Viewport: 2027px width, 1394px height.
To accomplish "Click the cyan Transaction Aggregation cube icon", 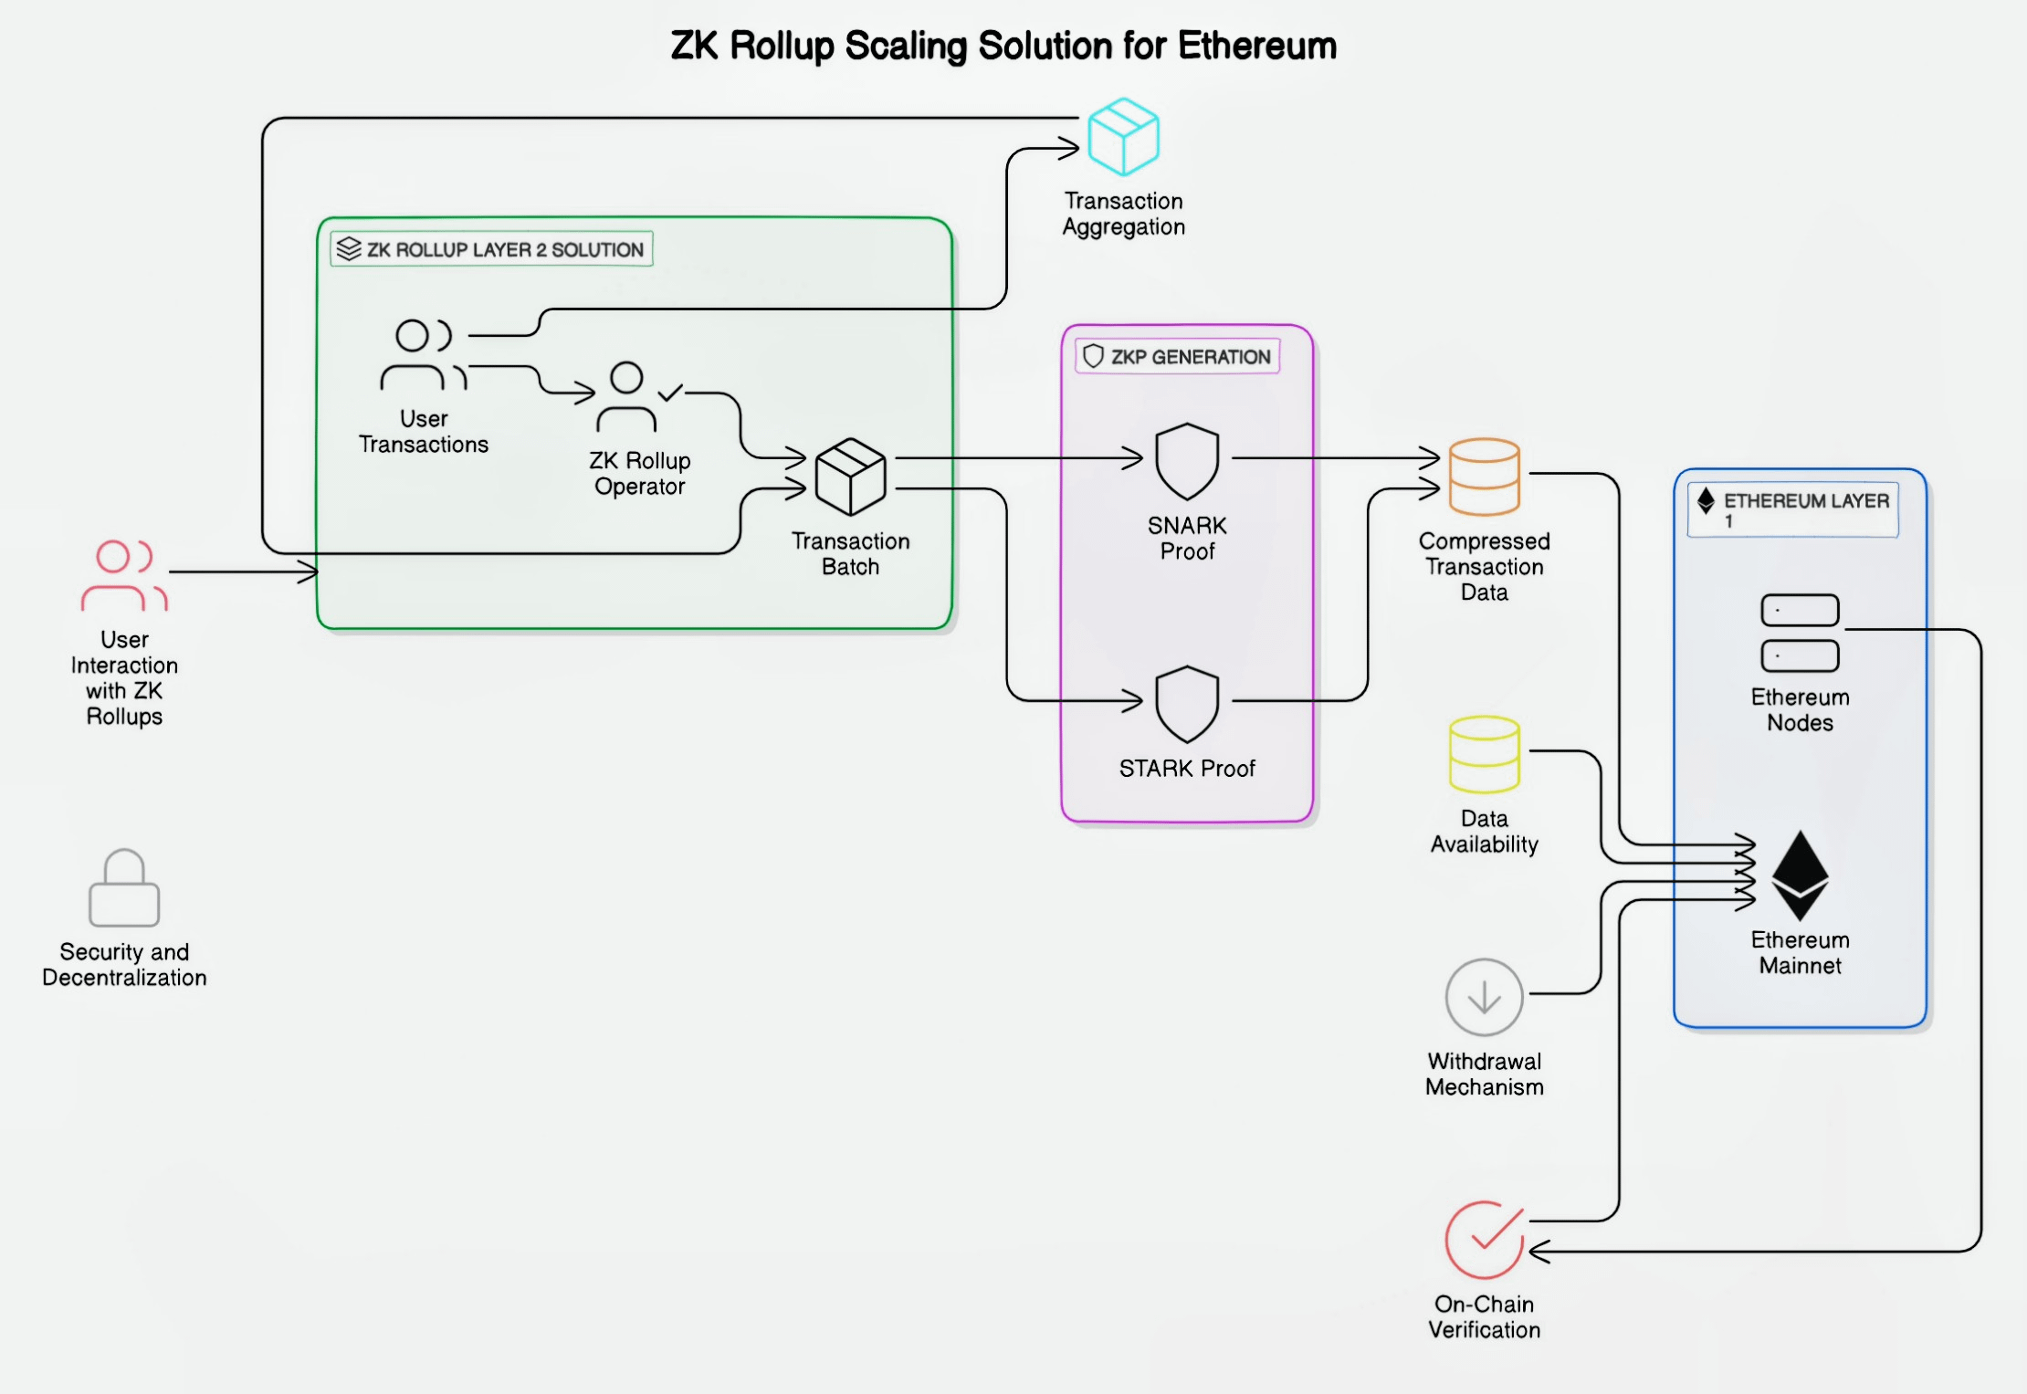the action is (x=1123, y=137).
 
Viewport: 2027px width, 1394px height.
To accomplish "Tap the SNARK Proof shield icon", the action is (x=1187, y=461).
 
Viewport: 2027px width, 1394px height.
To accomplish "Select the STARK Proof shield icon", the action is (x=1187, y=704).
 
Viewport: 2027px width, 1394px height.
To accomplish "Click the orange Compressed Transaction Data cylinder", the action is (x=1485, y=477).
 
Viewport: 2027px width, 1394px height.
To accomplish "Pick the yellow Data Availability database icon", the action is (x=1485, y=754).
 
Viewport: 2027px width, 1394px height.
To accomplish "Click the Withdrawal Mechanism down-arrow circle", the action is (x=1485, y=997).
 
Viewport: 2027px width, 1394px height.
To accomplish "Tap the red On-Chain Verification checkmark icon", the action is (x=1485, y=1240).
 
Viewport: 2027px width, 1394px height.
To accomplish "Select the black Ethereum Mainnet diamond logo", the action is (x=1800, y=875).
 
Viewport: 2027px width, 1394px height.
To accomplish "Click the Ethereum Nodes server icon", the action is (x=1800, y=633).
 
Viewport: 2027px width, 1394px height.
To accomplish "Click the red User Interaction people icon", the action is (x=124, y=575).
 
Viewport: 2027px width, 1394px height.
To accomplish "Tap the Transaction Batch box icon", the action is (x=850, y=477).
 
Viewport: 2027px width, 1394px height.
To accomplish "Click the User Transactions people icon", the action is (x=424, y=354).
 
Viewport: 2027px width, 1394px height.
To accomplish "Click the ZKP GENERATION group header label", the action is (x=1178, y=356).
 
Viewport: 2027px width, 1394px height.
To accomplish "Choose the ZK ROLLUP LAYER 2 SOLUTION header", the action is (x=491, y=249).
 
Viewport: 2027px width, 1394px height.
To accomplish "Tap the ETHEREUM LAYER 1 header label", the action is (x=1793, y=509).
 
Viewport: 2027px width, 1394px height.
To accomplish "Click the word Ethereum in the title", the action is (x=1257, y=46).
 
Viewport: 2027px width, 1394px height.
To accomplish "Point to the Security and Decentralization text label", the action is (x=124, y=964).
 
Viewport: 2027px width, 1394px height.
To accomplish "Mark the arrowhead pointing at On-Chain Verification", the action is (x=1539, y=1251).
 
